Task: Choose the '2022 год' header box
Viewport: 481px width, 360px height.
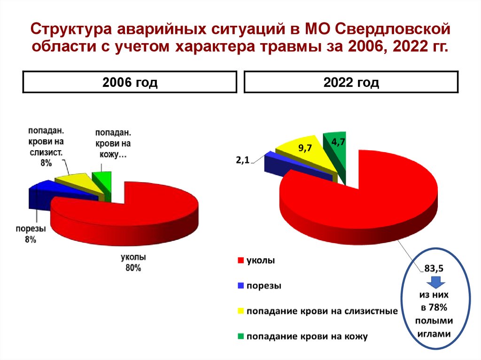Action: [x=351, y=83]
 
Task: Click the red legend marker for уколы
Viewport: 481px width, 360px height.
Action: [x=240, y=260]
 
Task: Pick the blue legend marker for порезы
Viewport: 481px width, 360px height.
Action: [x=240, y=285]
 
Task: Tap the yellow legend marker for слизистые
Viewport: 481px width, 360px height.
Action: [x=240, y=311]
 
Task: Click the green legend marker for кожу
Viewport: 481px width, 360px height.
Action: [x=240, y=336]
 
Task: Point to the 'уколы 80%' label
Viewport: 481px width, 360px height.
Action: [x=133, y=263]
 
